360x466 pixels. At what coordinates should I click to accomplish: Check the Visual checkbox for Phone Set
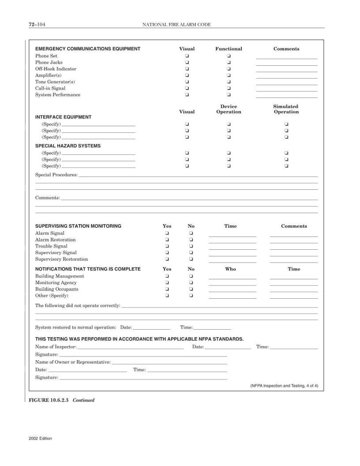pyautogui.click(x=187, y=56)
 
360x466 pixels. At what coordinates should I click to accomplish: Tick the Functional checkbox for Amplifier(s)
pyautogui.click(x=229, y=75)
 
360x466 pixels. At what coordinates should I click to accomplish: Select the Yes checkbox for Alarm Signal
pyautogui.click(x=167, y=233)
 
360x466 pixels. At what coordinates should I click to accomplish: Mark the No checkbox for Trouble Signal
pyautogui.click(x=191, y=246)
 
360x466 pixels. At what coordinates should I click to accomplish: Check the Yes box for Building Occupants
pyautogui.click(x=167, y=289)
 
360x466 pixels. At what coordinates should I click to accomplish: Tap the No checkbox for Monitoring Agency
pyautogui.click(x=191, y=283)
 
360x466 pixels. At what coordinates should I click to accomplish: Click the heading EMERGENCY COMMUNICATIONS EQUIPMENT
pyautogui.click(x=88, y=49)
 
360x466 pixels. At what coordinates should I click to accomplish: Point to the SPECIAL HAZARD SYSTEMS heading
pyautogui.click(x=68, y=146)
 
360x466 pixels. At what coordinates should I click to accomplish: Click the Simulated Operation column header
pyautogui.click(x=286, y=109)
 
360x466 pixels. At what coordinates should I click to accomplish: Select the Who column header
pyautogui.click(x=230, y=269)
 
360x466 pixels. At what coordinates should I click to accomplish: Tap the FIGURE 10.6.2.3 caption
pyautogui.click(x=61, y=400)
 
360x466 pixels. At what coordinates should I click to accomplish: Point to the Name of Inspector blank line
pyautogui.click(x=131, y=347)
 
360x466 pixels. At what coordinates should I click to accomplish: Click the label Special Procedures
pyautogui.click(x=56, y=175)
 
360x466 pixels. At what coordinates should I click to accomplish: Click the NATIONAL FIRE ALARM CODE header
pyautogui.click(x=176, y=25)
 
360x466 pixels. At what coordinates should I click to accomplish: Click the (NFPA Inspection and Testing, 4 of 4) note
pyautogui.click(x=284, y=386)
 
